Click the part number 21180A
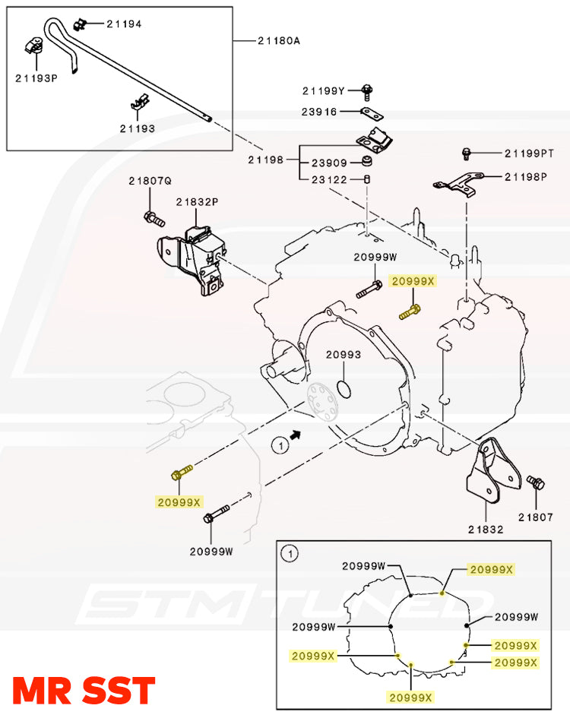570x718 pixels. coord(280,40)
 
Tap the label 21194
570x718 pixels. coord(124,24)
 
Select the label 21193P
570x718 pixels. coord(36,77)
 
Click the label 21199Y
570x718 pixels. coord(324,90)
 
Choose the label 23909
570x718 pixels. coord(329,163)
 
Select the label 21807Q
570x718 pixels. coord(150,181)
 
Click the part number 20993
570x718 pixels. coord(344,355)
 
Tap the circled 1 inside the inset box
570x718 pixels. coord(289,555)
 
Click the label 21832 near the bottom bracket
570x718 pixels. coord(486,529)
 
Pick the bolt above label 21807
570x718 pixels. coord(535,483)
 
